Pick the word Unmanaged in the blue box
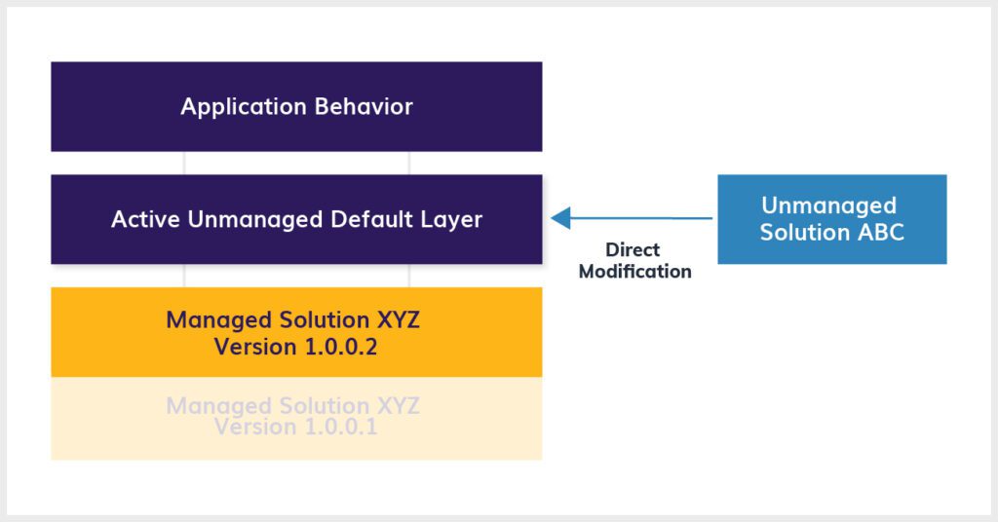coord(828,205)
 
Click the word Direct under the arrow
coord(633,250)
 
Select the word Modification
coord(634,272)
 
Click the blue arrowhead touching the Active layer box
coord(560,218)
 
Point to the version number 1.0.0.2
coord(336,346)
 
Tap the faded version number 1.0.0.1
coord(336,427)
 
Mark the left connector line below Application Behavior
coord(184,163)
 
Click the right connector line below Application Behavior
coord(408,163)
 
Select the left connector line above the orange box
coord(184,276)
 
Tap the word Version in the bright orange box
coord(252,346)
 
